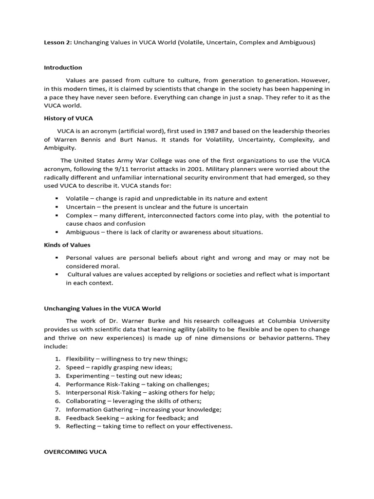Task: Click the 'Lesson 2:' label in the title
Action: point(58,42)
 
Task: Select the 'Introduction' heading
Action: point(63,67)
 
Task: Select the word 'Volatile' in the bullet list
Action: point(77,199)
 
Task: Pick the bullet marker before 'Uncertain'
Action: point(57,207)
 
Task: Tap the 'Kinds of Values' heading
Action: point(67,245)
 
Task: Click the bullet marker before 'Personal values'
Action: point(57,257)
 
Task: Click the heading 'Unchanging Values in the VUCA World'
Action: point(102,308)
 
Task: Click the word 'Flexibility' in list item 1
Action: point(80,359)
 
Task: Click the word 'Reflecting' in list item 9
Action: point(81,426)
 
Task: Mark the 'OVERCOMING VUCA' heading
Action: point(75,452)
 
